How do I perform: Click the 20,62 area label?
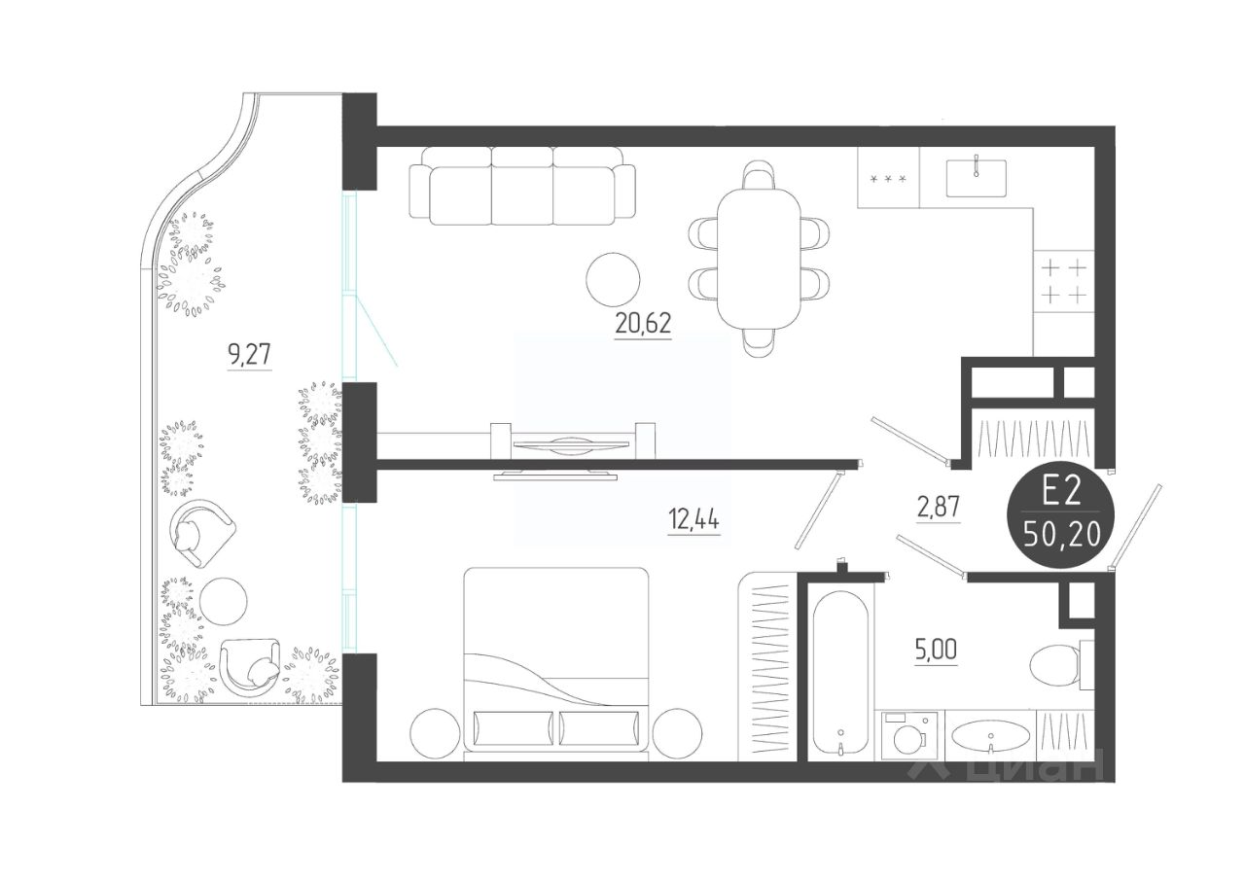[643, 323]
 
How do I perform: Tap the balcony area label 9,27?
[250, 354]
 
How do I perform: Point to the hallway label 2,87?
[939, 507]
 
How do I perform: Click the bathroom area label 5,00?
[936, 650]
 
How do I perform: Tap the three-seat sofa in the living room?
[522, 186]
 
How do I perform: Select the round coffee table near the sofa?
[613, 279]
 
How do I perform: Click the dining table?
[760, 259]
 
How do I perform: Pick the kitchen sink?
[976, 178]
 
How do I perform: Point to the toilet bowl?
[1058, 665]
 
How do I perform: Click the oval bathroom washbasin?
[991, 735]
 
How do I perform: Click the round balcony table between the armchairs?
[224, 602]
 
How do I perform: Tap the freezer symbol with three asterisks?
[888, 179]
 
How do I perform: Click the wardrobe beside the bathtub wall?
[769, 666]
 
